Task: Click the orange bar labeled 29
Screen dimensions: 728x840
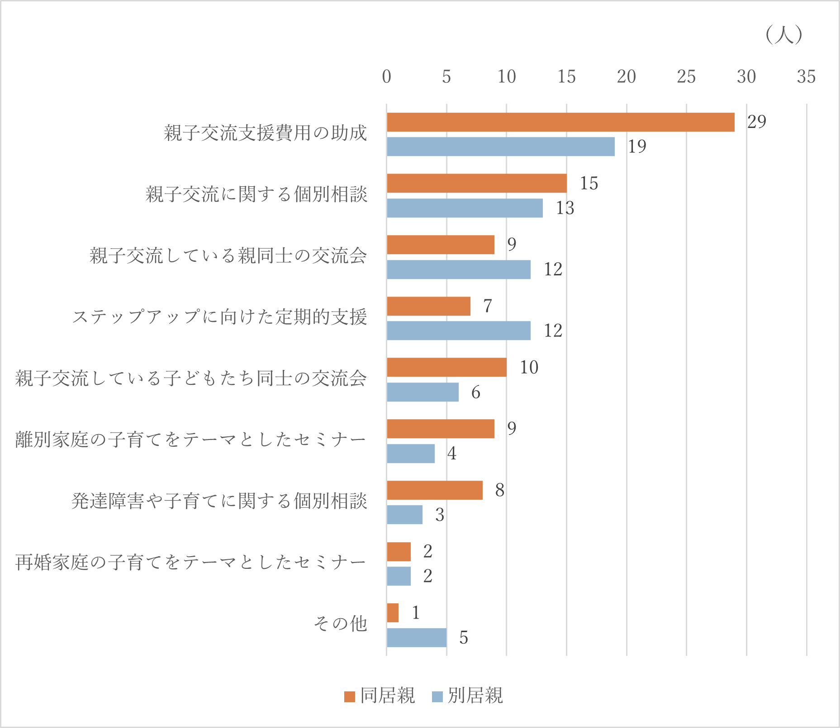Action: click(560, 122)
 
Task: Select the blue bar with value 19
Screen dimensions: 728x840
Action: click(501, 147)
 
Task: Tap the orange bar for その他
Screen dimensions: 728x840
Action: click(393, 613)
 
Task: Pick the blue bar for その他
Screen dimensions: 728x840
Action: click(417, 638)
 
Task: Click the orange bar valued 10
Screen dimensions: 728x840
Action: click(446, 367)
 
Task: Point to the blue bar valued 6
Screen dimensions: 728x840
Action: click(422, 392)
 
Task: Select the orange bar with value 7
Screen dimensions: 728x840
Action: click(428, 306)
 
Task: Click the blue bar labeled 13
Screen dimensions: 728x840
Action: click(465, 208)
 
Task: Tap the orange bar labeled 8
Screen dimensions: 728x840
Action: click(435, 490)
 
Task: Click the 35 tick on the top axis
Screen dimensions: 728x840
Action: click(806, 77)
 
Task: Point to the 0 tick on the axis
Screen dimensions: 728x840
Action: click(386, 77)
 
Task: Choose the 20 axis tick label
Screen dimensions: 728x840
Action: click(626, 77)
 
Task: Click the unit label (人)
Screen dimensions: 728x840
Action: click(784, 34)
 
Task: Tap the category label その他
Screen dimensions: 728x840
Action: click(340, 624)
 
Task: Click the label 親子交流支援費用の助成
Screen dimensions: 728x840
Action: click(265, 133)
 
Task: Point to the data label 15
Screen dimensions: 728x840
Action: click(589, 183)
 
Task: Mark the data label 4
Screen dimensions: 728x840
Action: click(452, 453)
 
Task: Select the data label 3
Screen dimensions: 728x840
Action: click(440, 515)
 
